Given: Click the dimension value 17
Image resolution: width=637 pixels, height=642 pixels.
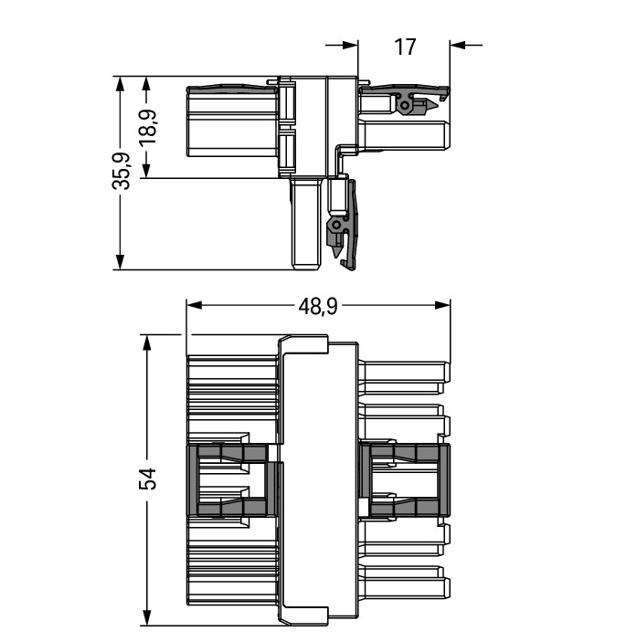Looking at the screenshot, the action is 405,47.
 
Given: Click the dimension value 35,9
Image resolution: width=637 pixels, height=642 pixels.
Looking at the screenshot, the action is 122,171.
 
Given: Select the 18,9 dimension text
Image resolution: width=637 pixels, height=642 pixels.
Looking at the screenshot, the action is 148,127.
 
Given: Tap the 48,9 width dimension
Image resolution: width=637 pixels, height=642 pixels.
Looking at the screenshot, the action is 318,306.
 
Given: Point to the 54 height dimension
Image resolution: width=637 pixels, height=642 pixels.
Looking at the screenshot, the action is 148,479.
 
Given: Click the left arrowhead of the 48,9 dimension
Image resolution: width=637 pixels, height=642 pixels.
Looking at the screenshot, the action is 195,305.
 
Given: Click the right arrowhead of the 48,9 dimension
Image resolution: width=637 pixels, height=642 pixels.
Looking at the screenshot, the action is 442,305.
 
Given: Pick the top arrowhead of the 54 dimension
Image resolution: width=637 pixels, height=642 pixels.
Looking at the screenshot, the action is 146,342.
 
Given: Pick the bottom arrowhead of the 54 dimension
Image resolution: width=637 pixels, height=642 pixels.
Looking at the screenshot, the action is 146,618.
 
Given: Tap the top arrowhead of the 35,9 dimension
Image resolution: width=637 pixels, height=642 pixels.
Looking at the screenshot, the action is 120,84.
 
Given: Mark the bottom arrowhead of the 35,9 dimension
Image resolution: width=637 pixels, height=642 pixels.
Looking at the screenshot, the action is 120,261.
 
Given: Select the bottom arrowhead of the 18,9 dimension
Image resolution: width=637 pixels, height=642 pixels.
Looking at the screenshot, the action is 146,170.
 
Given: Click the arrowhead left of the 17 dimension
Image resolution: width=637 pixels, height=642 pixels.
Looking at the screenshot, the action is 350,45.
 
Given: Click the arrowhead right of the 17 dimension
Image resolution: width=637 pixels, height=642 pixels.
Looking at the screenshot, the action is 458,45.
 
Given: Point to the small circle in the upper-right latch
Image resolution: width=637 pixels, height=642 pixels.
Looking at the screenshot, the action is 404,106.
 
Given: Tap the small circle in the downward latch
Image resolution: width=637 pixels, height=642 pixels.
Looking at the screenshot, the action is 336,225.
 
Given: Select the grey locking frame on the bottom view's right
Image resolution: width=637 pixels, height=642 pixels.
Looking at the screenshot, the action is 405,479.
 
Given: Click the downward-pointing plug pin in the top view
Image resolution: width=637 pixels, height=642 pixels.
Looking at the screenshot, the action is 305,224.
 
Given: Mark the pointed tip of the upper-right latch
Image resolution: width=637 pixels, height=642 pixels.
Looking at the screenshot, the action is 438,106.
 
